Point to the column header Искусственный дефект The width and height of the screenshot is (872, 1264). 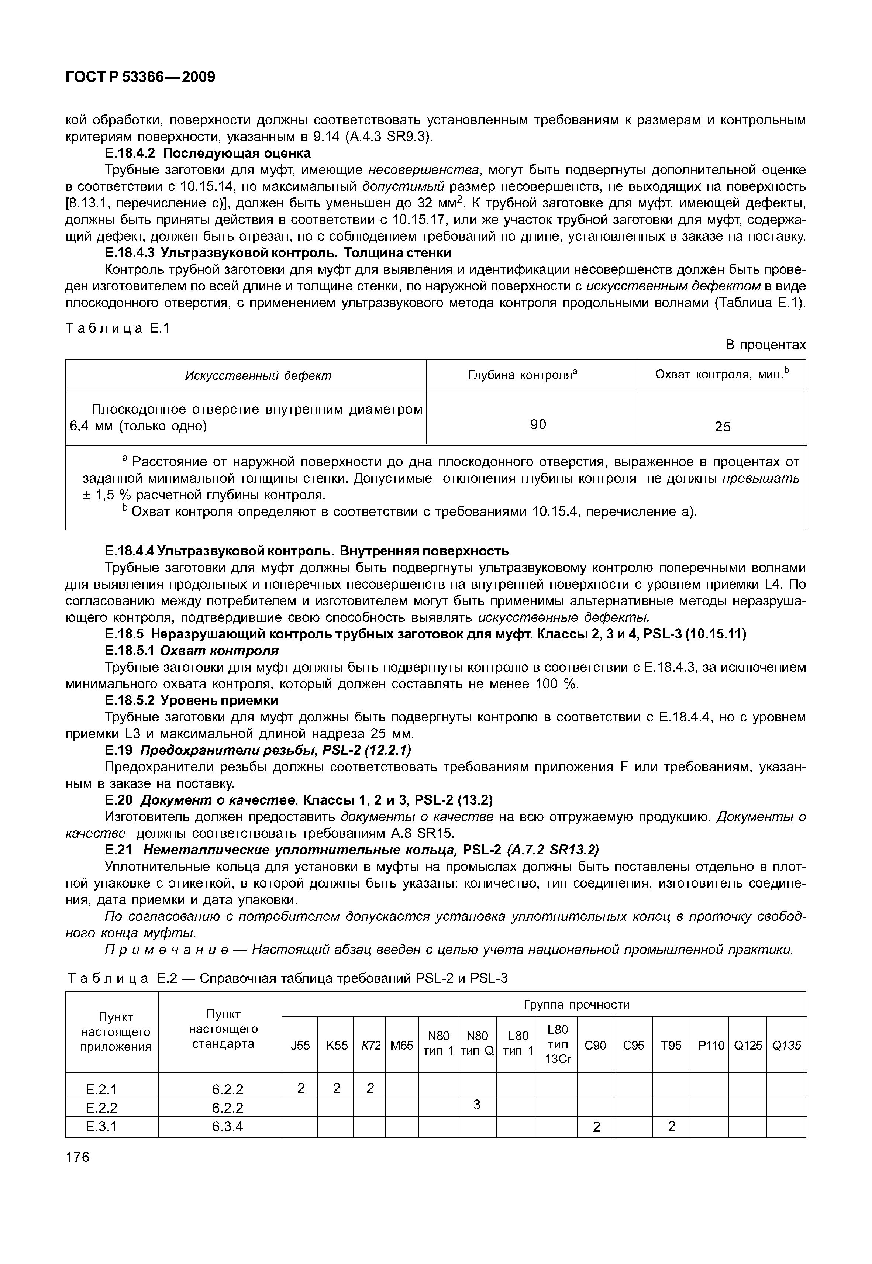click(x=258, y=376)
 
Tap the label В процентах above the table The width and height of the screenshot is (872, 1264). click(x=765, y=345)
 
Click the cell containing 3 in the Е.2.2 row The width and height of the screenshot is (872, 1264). click(x=476, y=1105)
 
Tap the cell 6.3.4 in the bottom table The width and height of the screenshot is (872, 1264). click(x=227, y=1126)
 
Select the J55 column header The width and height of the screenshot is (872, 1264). click(x=300, y=1046)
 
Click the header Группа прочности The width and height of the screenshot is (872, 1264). click(x=576, y=1005)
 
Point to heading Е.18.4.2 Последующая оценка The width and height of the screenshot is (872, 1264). click(x=208, y=153)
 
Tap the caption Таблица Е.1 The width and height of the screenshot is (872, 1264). click(x=118, y=328)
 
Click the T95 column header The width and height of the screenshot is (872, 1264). click(x=671, y=1046)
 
